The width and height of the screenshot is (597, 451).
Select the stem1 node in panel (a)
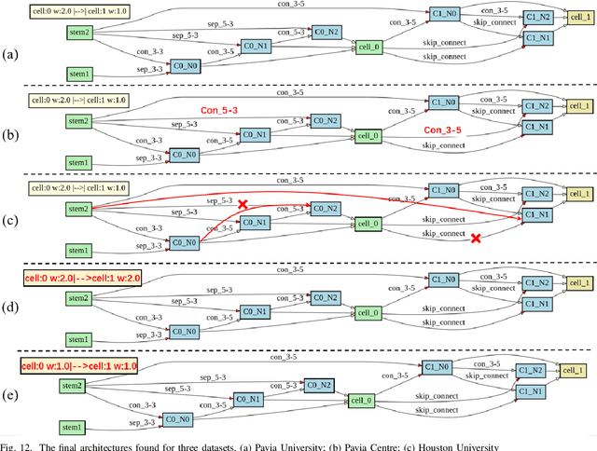77,73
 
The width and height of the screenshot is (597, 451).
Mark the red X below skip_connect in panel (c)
477,239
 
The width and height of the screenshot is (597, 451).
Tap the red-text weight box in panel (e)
80,366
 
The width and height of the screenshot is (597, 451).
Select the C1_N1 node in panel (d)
536,304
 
